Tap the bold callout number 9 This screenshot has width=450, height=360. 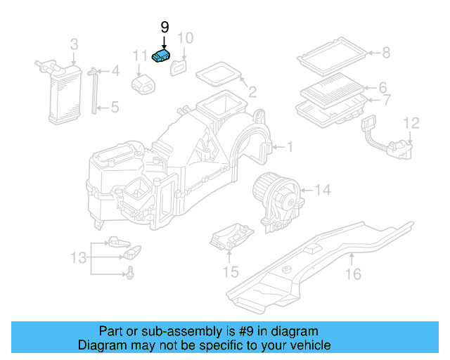(x=165, y=27)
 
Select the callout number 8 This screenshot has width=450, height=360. (x=385, y=52)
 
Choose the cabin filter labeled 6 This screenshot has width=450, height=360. (x=332, y=92)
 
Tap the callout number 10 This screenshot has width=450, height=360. (x=184, y=38)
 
